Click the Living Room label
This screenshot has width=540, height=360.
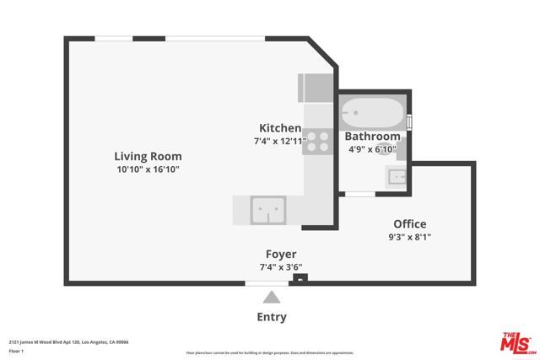[x=148, y=156]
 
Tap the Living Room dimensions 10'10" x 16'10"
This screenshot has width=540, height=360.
[x=148, y=169]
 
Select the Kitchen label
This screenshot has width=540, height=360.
[x=280, y=128]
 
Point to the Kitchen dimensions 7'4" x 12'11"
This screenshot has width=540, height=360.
[x=280, y=141]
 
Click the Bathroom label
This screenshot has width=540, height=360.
[x=372, y=137]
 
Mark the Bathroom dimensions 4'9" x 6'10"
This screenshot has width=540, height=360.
[x=372, y=149]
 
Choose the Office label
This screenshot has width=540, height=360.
[x=410, y=224]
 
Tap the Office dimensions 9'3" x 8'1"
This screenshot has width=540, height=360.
[x=410, y=237]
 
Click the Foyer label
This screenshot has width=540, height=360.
[x=281, y=254]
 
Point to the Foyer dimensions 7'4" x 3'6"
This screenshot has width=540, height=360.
[x=281, y=266]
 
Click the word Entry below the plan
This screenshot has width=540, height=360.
[x=272, y=317]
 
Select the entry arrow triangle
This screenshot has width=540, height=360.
[x=272, y=297]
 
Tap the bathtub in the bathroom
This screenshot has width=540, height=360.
[x=372, y=112]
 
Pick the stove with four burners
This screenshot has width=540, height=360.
[x=317, y=141]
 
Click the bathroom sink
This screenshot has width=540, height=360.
[x=397, y=176]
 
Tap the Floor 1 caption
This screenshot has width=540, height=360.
[x=18, y=351]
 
